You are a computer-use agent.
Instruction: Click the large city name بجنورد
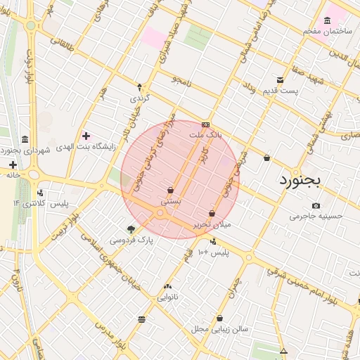click(x=300, y=181)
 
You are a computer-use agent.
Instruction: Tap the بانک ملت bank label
click(x=207, y=133)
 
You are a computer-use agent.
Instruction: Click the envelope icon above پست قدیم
click(x=281, y=80)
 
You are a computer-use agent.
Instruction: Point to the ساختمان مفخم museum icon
click(x=328, y=21)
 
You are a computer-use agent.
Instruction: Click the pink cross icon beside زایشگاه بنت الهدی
click(x=86, y=135)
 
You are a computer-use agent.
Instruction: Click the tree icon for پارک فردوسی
click(x=131, y=229)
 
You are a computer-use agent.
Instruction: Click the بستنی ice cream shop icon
click(x=171, y=191)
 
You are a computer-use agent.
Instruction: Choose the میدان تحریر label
click(x=212, y=225)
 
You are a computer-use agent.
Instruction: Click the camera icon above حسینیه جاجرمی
click(x=316, y=205)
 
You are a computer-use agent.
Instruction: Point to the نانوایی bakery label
click(x=167, y=297)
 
